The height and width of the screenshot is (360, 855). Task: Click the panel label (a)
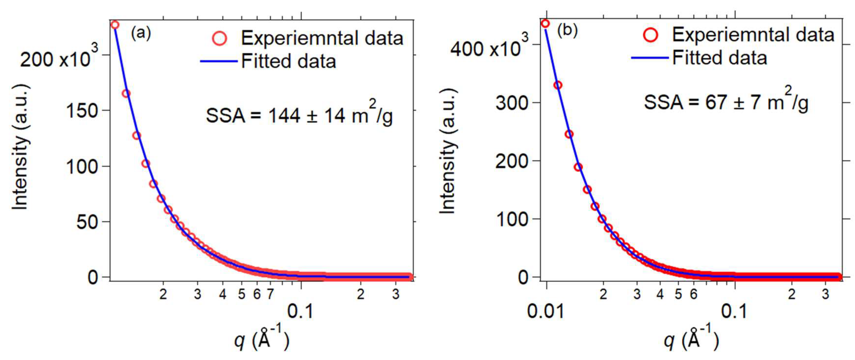141,34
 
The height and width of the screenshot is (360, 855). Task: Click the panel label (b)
567,31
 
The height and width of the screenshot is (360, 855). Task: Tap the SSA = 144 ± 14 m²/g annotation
299,115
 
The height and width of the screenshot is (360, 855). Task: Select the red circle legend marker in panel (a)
219,38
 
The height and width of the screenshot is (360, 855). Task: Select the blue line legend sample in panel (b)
650,58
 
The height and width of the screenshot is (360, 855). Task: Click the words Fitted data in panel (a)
289,61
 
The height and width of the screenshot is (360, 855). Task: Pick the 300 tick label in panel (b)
511,103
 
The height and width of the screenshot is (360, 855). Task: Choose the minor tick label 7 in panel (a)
270,294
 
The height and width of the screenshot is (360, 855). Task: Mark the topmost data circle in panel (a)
115,25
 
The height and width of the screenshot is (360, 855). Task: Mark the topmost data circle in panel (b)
545,23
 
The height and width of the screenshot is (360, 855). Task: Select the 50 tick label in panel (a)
87,222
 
